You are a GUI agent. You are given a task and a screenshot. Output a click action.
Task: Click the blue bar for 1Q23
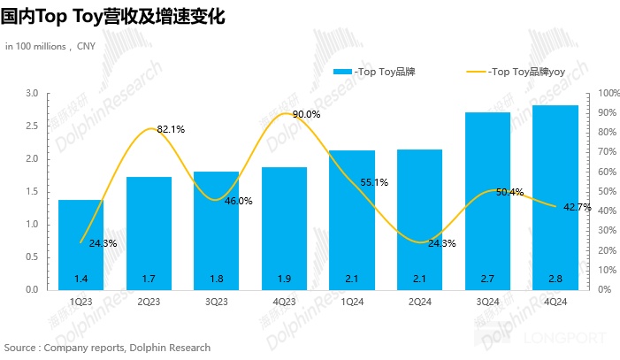pos(80,244)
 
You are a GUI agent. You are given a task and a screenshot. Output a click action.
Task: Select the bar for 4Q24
pos(555,196)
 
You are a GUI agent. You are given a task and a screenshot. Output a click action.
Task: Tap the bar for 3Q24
pos(487,200)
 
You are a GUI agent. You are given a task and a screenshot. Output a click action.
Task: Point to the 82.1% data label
pos(171,129)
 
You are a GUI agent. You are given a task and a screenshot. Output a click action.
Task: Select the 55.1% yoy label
pos(374,182)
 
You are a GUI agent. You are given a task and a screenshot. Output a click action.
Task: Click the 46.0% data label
pos(238,201)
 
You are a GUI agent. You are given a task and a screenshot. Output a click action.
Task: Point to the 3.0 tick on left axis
pos(32,93)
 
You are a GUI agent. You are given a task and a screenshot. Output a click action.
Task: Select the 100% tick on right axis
pos(608,93)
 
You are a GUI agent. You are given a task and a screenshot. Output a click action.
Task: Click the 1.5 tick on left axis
pos(32,191)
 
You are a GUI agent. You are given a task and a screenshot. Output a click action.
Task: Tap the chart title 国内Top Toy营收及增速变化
pos(113,16)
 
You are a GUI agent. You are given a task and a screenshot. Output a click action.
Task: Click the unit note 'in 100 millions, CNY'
pos(50,46)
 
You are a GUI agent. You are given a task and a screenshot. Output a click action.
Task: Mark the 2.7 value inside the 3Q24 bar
pos(487,279)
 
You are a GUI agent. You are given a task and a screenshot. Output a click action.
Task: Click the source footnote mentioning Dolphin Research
pos(107,348)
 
